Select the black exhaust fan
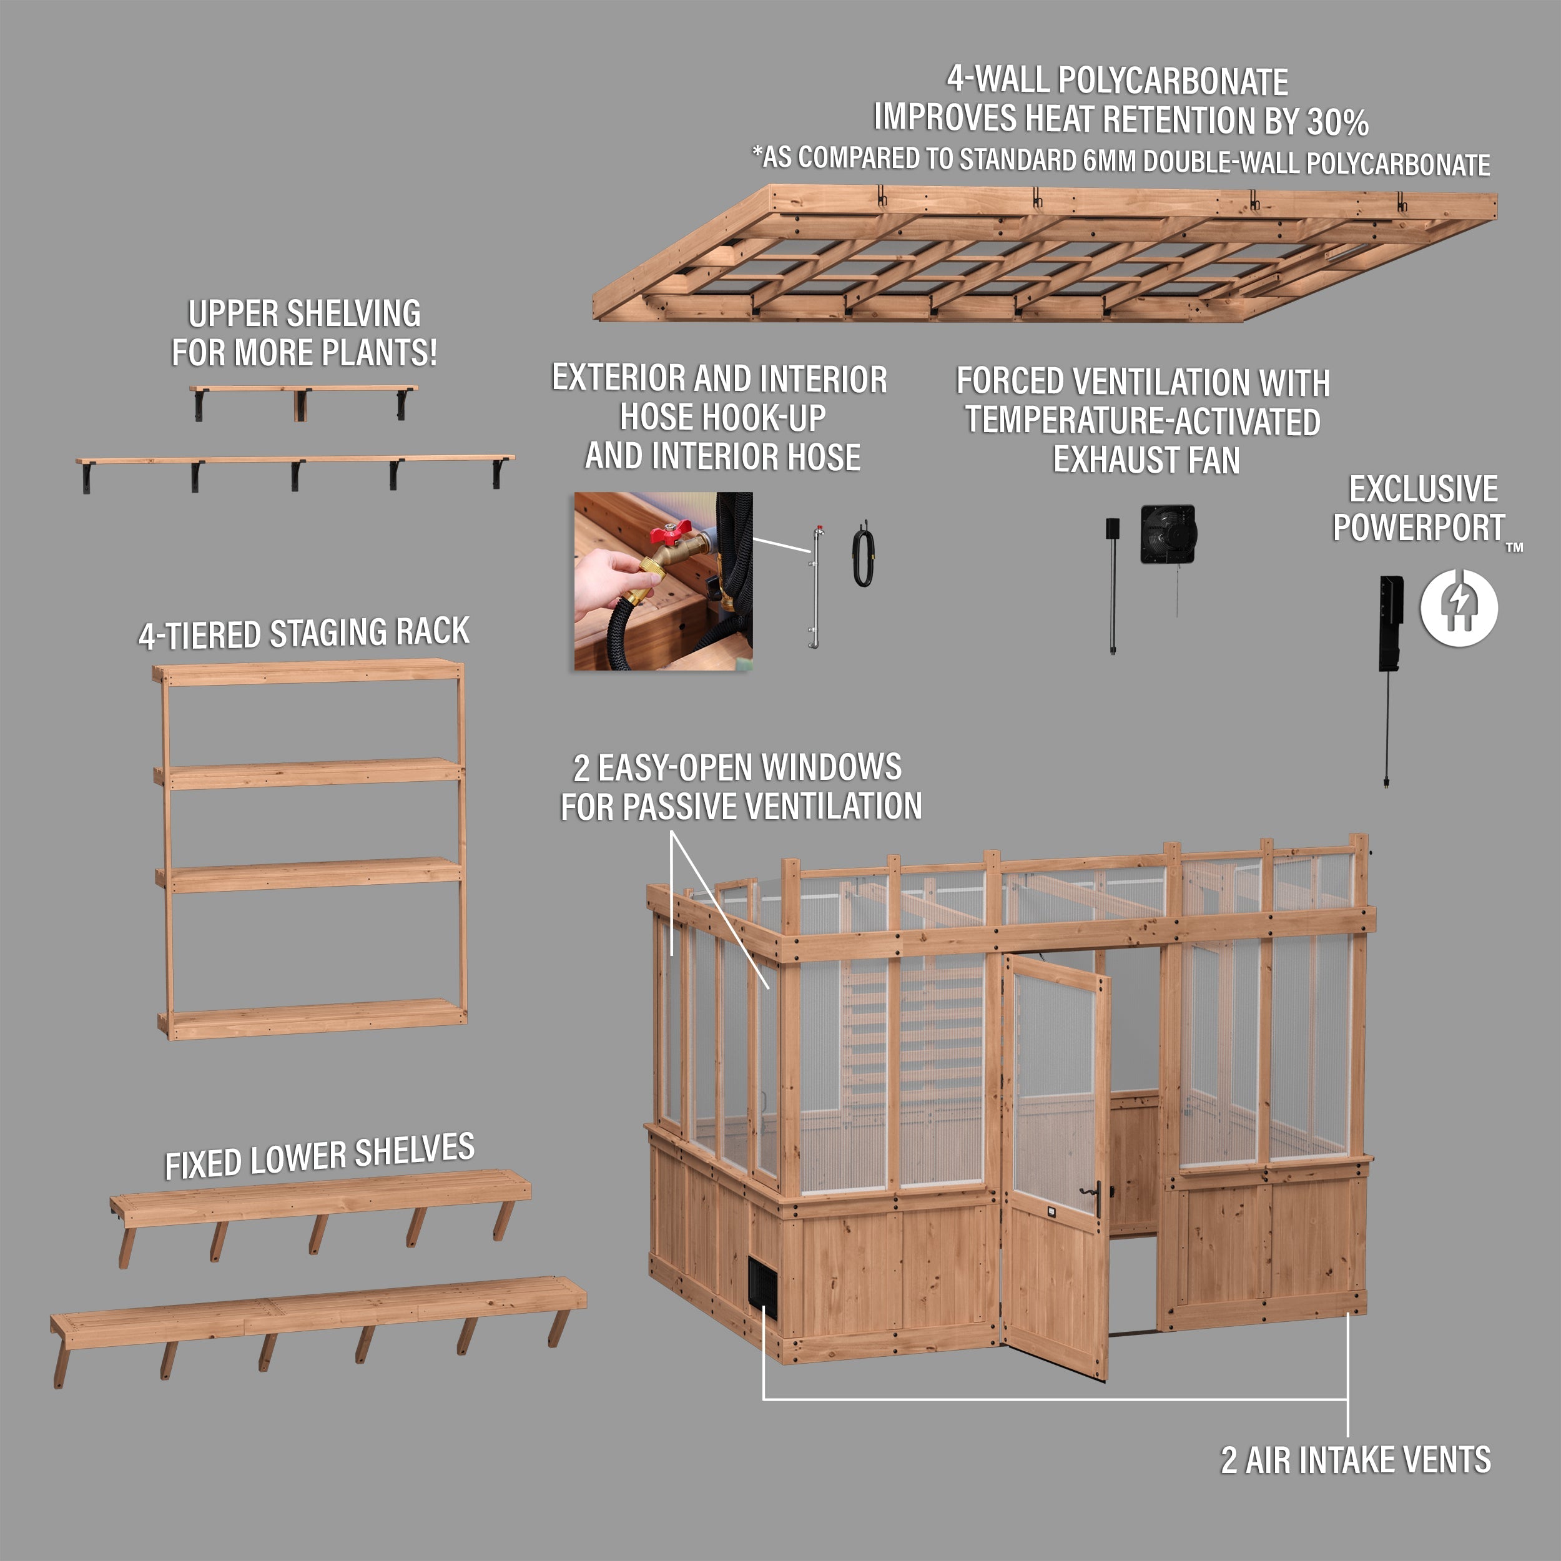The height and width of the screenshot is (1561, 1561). (1168, 533)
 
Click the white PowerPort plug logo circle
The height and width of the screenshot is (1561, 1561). (1459, 608)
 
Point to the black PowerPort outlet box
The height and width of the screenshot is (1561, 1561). (1391, 622)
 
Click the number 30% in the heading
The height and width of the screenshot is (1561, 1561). (1338, 123)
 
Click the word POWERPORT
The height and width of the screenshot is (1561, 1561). (1419, 528)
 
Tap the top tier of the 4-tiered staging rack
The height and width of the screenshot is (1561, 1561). (308, 672)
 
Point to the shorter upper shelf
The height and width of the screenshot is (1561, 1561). (304, 390)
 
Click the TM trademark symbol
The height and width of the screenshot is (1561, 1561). (1515, 547)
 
